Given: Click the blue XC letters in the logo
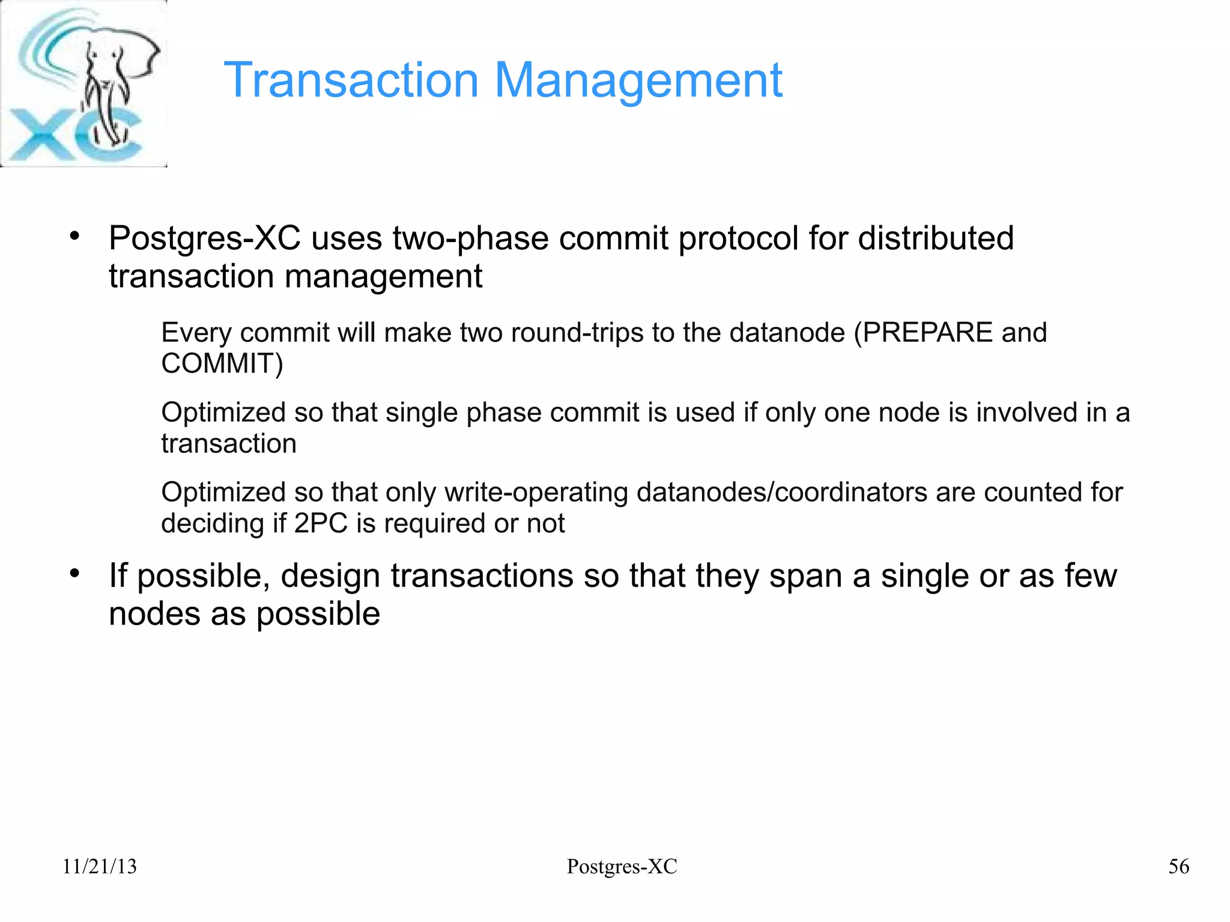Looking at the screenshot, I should click(72, 135).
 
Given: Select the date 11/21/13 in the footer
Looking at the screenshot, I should click(100, 867).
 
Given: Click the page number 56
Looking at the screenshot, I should click(1178, 867).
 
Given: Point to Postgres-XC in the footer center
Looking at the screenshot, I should click(622, 867).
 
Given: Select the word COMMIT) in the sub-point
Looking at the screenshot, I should click(222, 364).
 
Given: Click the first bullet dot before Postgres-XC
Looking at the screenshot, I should click(74, 236).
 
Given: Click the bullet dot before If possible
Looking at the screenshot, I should click(74, 574).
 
